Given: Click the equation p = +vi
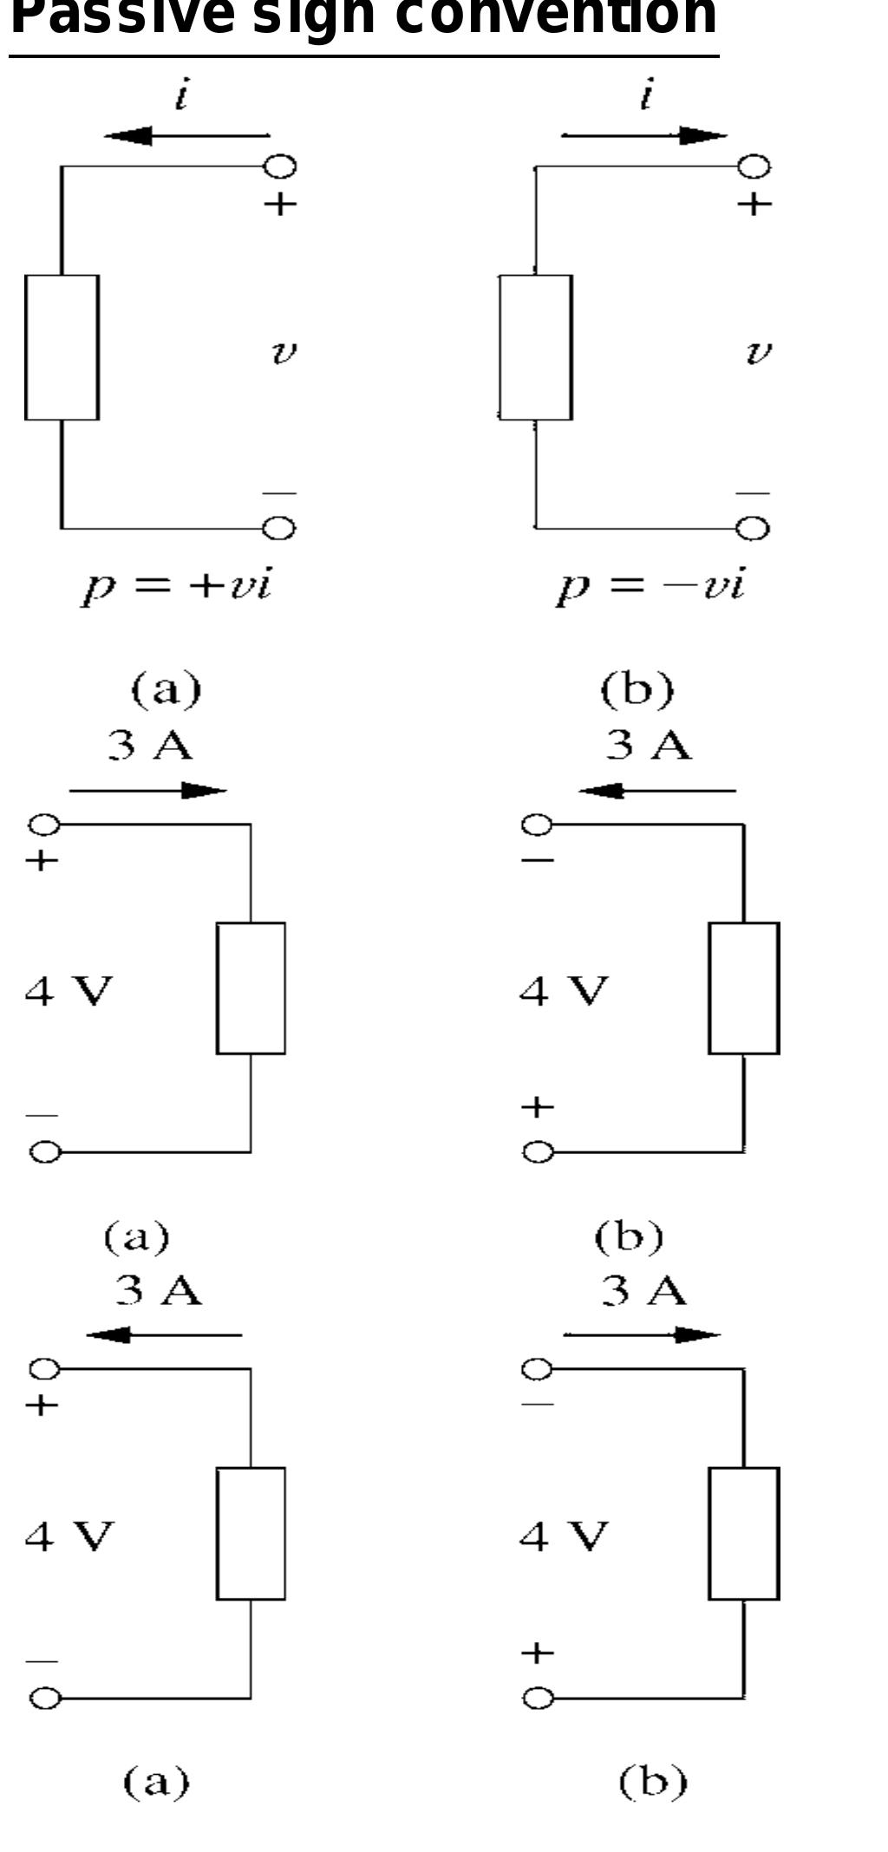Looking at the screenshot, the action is pyautogui.click(x=177, y=586).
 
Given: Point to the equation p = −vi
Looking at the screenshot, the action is pyautogui.click(x=650, y=586).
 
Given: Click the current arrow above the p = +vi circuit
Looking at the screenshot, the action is pyautogui.click(x=186, y=135).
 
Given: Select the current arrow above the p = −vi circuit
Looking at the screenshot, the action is pyautogui.click(x=644, y=135).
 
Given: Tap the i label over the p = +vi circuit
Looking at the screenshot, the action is pyautogui.click(x=181, y=95).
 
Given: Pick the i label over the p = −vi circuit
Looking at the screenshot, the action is pyautogui.click(x=646, y=95).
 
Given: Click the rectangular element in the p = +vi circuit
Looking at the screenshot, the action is pyautogui.click(x=62, y=348).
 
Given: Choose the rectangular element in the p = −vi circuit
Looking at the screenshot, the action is pyautogui.click(x=535, y=348).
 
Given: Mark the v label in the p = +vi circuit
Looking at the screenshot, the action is pyautogui.click(x=284, y=352).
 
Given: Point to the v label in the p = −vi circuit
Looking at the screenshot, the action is pyautogui.click(x=758, y=352).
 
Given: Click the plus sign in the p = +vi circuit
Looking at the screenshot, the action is pyautogui.click(x=280, y=205).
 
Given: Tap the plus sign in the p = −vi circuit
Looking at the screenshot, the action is pyautogui.click(x=754, y=205).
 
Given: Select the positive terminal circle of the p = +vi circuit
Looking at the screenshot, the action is pyautogui.click(x=281, y=166).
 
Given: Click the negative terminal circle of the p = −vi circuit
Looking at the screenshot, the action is pyautogui.click(x=754, y=528).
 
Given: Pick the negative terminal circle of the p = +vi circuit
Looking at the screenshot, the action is pyautogui.click(x=280, y=528).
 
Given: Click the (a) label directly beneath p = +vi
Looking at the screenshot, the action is pyautogui.click(x=166, y=688).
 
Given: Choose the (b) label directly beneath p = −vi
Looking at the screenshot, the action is pyautogui.click(x=637, y=688).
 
